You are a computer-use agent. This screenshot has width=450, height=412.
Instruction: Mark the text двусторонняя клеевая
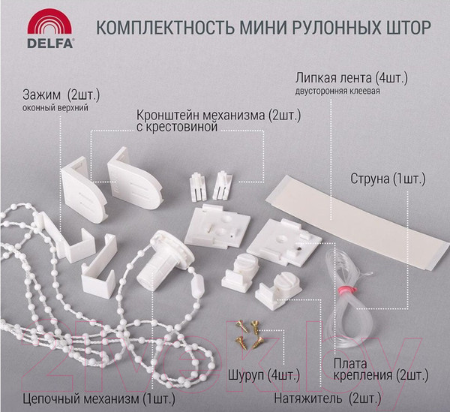point(337,92)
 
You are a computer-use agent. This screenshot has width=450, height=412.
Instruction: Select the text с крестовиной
point(176,128)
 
